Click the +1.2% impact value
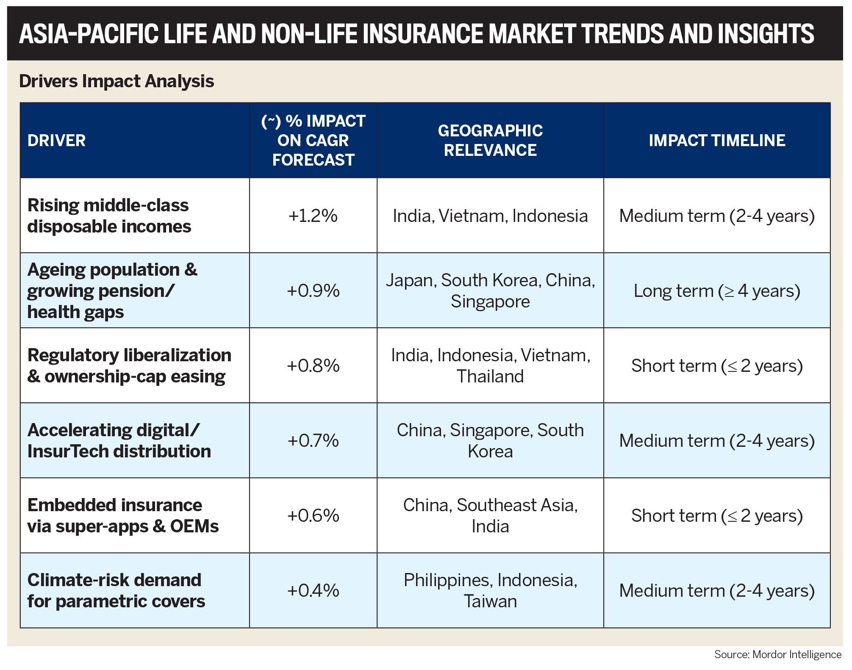tap(313, 216)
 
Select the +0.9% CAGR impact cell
tap(313, 291)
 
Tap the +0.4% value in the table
tap(313, 590)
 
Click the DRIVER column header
tap(57, 141)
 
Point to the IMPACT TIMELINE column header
tap(717, 141)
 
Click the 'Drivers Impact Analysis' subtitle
tap(117, 81)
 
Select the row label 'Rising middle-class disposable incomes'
tap(109, 216)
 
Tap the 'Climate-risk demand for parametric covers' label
tap(116, 590)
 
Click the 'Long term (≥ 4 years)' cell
tap(717, 291)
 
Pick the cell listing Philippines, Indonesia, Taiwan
tap(490, 590)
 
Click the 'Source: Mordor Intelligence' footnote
tap(777, 654)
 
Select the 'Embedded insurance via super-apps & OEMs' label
tap(123, 515)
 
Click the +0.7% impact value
tap(313, 441)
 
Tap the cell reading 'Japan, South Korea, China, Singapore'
tap(490, 291)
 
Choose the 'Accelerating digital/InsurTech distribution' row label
tap(119, 441)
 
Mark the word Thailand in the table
tap(490, 377)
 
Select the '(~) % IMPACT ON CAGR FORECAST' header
tap(313, 141)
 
